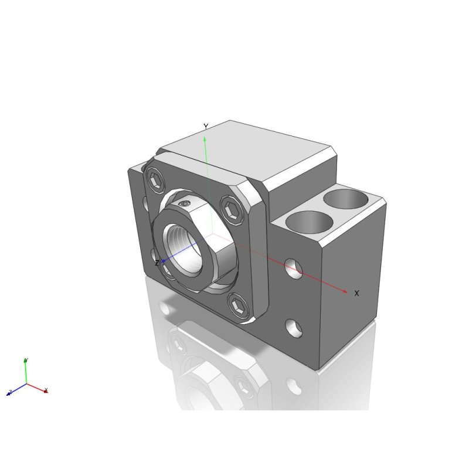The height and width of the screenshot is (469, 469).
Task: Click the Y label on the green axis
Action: point(206,127)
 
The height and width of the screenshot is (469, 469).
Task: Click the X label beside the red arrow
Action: point(356,293)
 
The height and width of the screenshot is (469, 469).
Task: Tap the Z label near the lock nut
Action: point(157,263)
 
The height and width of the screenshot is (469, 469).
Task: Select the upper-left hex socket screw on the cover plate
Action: point(156,181)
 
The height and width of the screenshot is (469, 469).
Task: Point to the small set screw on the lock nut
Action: point(185,203)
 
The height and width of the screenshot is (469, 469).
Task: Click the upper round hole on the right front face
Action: point(294,269)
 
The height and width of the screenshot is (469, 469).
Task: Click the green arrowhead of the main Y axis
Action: point(205,140)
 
